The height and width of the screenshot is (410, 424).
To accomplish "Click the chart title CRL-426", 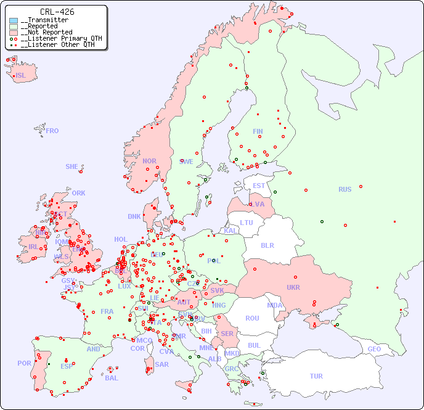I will [57, 12].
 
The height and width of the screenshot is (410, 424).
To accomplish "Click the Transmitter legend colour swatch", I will [14, 20].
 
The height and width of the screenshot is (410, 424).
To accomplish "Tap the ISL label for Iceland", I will [21, 76].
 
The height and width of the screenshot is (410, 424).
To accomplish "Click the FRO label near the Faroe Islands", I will [52, 131].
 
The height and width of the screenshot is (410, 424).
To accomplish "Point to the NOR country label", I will [149, 161].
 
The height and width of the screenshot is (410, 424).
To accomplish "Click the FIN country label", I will [258, 131].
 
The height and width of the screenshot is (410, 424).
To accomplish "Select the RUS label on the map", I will [344, 189].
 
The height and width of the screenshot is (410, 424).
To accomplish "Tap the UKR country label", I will [293, 287].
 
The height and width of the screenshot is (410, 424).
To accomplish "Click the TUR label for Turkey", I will [316, 376].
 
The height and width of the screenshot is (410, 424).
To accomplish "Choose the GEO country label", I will [374, 349].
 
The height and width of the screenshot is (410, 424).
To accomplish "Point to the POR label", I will [24, 363].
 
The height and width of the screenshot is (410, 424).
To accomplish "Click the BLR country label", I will [267, 245].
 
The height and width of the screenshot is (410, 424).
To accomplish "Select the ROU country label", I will [252, 318].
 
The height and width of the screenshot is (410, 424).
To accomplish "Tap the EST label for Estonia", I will [259, 186].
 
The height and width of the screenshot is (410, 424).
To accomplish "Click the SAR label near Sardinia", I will [161, 364].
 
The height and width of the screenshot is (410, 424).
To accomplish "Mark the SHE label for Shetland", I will [72, 166].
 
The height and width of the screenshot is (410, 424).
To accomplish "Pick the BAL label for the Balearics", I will [111, 378].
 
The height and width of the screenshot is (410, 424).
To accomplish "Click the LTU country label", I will [247, 223].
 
